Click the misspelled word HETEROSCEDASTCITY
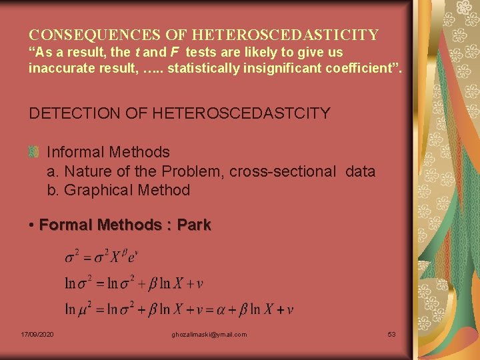tap(241, 113)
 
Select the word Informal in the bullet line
tap(75, 153)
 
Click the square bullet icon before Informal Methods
tap(33, 153)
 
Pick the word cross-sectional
tap(283, 171)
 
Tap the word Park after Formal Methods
tap(194, 225)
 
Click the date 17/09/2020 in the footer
tap(38, 334)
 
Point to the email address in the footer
tap(209, 334)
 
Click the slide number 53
tap(391, 334)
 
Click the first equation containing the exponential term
tap(101, 257)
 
